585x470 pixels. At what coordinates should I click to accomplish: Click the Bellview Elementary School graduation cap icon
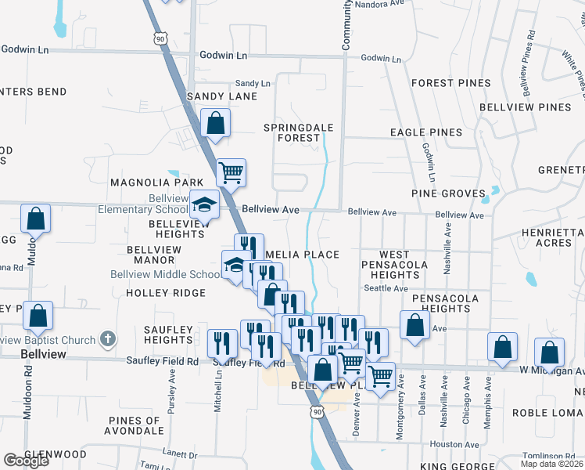[204, 205]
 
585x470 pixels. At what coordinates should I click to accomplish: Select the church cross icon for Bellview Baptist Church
[108, 340]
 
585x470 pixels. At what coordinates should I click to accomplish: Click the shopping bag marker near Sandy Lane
[215, 122]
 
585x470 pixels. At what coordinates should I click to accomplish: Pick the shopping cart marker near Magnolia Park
[231, 171]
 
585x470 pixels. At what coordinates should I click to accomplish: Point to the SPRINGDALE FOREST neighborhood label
[298, 132]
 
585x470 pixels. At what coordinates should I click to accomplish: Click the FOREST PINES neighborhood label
[451, 83]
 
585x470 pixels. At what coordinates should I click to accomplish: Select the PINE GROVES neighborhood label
[443, 193]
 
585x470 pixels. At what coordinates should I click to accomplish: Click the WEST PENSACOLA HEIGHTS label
[393, 265]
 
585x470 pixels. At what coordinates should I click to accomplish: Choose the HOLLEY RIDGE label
[165, 293]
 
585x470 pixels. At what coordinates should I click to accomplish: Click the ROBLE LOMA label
[548, 413]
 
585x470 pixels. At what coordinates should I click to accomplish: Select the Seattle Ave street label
[386, 288]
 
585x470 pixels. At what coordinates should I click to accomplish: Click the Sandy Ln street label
[252, 83]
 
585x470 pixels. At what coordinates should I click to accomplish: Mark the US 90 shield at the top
[160, 38]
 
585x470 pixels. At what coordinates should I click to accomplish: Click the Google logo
[26, 461]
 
